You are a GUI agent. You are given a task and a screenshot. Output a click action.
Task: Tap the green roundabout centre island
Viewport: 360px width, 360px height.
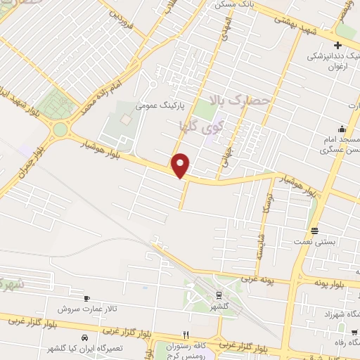click(x=60, y=130)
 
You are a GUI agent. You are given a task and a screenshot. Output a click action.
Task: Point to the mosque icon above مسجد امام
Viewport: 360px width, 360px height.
click(x=342, y=129)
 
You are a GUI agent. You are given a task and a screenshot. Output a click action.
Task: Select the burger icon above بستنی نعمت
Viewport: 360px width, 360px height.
click(x=314, y=231)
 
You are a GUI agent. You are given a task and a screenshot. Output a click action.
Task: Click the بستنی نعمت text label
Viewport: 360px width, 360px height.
click(x=319, y=242)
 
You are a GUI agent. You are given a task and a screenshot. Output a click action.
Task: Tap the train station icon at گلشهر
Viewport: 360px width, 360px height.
click(x=219, y=295)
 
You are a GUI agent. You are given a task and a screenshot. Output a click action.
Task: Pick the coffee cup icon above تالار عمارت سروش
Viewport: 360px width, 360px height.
click(x=86, y=298)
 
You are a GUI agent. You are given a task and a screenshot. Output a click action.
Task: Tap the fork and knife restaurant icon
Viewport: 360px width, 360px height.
click(x=186, y=335)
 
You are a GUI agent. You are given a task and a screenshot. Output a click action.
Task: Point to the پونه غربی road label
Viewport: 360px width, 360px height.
click(x=259, y=279)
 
